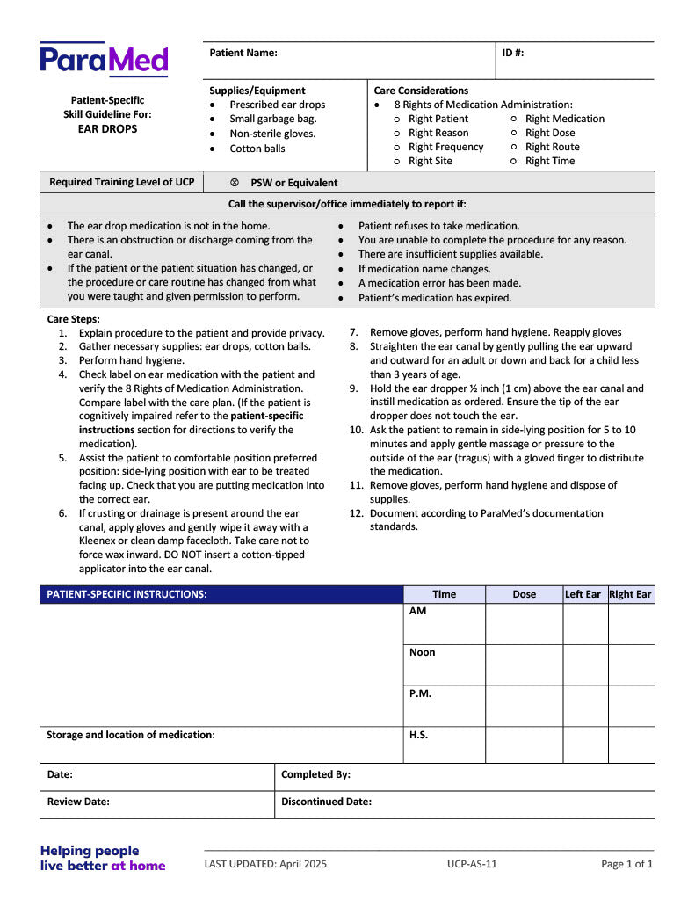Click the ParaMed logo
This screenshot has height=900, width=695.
tap(104, 60)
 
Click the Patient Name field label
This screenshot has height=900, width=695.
tap(243, 53)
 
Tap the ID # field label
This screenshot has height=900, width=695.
tap(513, 53)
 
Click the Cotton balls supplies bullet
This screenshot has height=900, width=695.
tap(257, 149)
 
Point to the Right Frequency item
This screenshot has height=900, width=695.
tap(445, 147)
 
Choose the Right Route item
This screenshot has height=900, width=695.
tap(552, 147)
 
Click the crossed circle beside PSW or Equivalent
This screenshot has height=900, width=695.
tap(235, 183)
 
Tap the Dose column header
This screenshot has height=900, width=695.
tap(524, 594)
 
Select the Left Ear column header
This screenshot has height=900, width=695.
tap(583, 594)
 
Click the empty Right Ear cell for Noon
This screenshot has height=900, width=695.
tap(631, 665)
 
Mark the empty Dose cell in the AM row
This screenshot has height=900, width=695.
tap(524, 624)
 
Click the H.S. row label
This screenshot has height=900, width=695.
tap(418, 735)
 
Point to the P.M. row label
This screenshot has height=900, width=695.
tap(420, 693)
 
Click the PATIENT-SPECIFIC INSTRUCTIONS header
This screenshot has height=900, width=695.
tap(127, 594)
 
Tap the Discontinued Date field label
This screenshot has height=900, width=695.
tap(326, 802)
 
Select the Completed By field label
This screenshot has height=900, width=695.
tap(315, 774)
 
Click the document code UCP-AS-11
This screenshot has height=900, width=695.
tap(472, 864)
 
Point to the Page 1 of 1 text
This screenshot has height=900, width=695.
tap(626, 864)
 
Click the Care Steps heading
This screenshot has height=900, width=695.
tap(73, 319)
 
